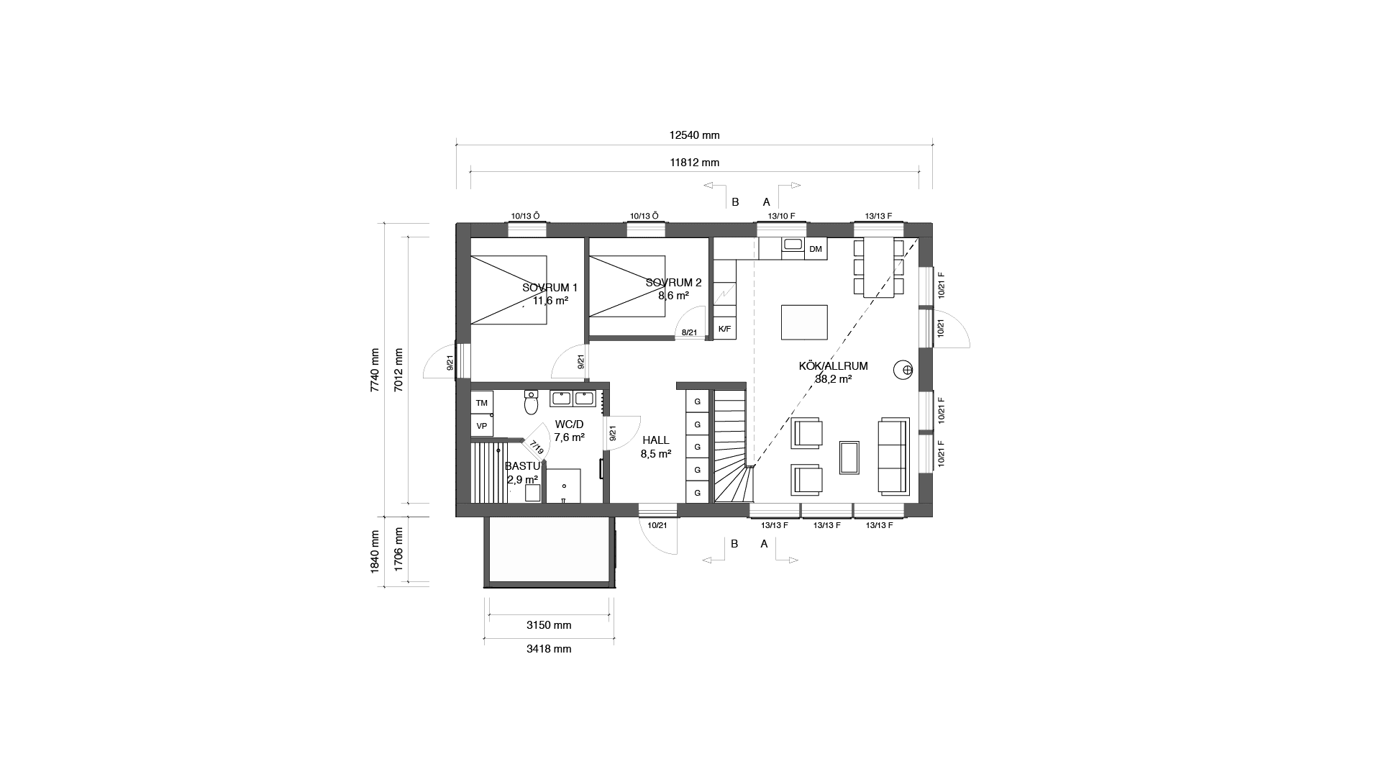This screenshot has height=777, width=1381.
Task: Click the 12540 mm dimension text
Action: tap(694, 135)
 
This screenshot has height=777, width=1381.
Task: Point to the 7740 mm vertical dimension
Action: tap(374, 370)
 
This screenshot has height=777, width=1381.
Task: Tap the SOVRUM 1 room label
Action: tap(550, 288)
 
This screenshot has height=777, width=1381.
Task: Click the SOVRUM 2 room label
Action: tap(673, 283)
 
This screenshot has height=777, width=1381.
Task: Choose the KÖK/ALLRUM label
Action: tap(833, 366)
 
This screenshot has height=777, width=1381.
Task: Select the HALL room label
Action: tap(655, 440)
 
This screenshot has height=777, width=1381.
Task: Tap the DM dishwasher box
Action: tap(815, 250)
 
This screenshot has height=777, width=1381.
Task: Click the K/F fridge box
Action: tap(724, 330)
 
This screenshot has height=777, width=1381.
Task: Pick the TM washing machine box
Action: tap(481, 403)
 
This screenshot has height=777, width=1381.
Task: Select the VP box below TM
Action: tap(481, 426)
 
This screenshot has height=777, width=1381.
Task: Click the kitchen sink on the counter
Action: tap(793, 245)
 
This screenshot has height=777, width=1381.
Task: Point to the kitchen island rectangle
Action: tap(803, 322)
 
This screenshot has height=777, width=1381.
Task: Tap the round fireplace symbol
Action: tap(903, 370)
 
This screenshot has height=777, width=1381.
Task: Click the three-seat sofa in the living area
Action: tap(894, 456)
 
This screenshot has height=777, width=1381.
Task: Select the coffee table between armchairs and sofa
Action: tap(849, 458)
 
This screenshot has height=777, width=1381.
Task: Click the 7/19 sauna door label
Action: tap(537, 450)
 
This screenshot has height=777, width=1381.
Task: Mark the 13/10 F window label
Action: tap(781, 216)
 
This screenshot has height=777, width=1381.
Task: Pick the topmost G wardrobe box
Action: tap(697, 401)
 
